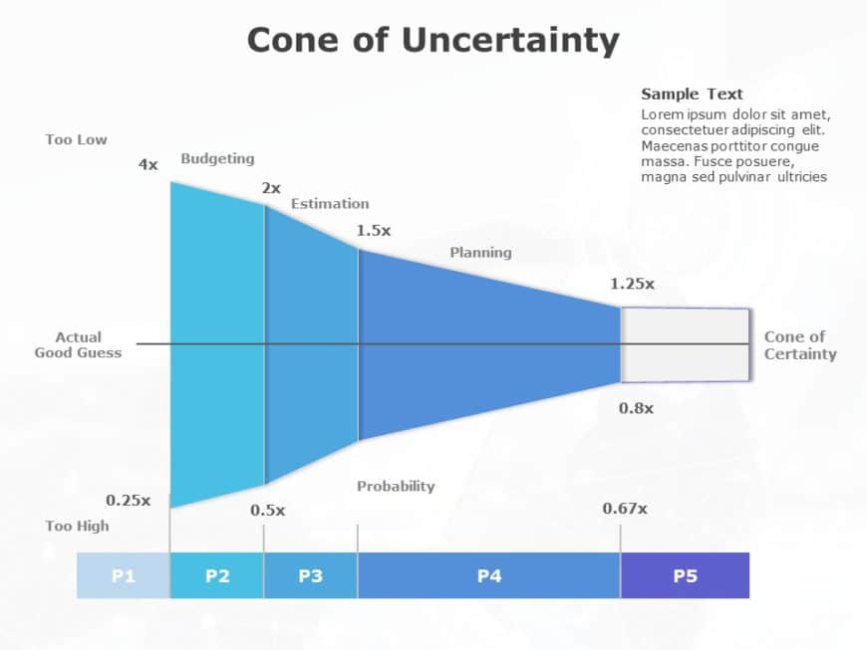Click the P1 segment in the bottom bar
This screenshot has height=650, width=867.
click(123, 575)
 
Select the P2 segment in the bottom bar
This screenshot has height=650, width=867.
click(217, 575)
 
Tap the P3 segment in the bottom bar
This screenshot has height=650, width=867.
click(310, 575)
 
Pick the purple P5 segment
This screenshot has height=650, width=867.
click(685, 575)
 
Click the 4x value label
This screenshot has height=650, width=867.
click(147, 164)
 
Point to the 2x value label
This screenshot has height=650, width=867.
click(271, 187)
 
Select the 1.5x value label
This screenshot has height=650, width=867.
click(374, 230)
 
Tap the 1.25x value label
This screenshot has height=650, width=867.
click(632, 284)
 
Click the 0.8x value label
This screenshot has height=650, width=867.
click(636, 408)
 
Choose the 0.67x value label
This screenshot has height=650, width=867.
click(625, 509)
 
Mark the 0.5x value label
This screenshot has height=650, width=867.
click(267, 510)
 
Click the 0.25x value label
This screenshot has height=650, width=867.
click(129, 500)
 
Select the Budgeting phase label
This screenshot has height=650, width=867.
click(217, 158)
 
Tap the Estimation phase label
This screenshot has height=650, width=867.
click(330, 203)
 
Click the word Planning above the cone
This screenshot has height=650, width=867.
click(480, 252)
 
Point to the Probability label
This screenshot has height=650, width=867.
click(396, 486)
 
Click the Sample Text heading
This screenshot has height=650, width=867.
click(692, 94)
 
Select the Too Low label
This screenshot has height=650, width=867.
click(76, 139)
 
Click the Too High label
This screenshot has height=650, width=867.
click(77, 526)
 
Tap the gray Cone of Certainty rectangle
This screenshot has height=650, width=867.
click(686, 345)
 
